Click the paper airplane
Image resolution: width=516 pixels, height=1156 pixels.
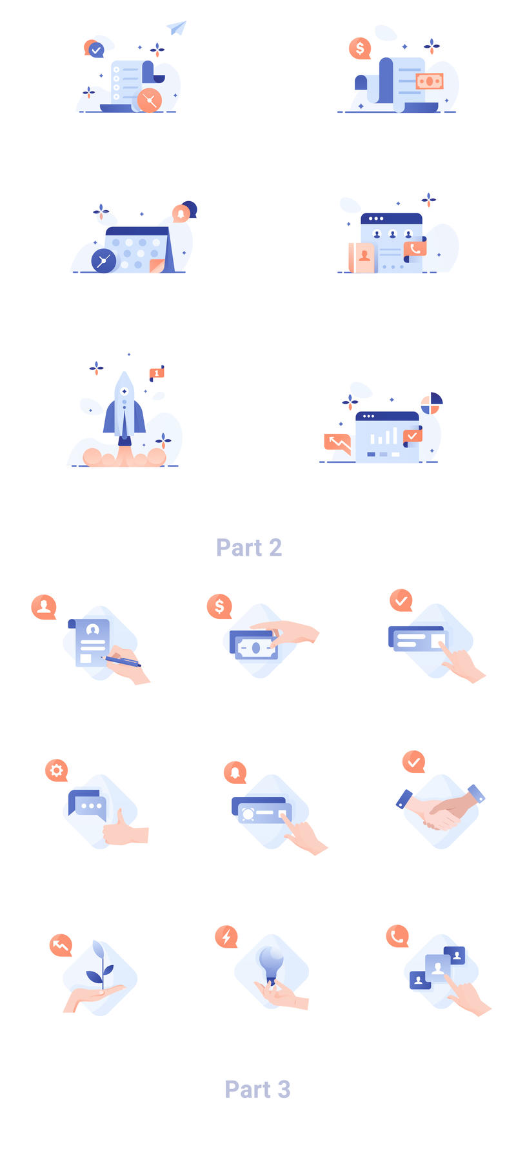pyautogui.click(x=177, y=27)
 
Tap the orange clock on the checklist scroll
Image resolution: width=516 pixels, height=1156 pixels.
pyautogui.click(x=150, y=101)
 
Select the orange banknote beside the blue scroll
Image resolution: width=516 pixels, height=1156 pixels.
pyautogui.click(x=430, y=81)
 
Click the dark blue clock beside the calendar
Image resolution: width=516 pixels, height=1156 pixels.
pyautogui.click(x=104, y=260)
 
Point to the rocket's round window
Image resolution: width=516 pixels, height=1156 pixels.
pyautogui.click(x=124, y=391)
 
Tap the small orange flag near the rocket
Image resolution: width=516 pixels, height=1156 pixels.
pyautogui.click(x=157, y=373)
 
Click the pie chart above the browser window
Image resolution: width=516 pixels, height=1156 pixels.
pyautogui.click(x=431, y=404)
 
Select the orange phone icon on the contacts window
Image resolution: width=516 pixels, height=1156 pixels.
pyautogui.click(x=415, y=248)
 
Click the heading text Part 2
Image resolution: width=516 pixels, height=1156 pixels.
pyautogui.click(x=249, y=547)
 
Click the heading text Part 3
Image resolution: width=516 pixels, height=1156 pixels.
pyautogui.click(x=257, y=1089)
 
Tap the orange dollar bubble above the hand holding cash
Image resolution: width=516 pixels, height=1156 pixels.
pyautogui.click(x=219, y=606)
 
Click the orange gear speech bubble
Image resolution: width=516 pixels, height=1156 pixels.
pyautogui.click(x=57, y=770)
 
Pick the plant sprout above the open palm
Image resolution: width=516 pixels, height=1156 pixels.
pyautogui.click(x=101, y=964)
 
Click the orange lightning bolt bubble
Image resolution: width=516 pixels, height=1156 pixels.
pyautogui.click(x=226, y=936)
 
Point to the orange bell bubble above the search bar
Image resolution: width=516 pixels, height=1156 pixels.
pyautogui.click(x=235, y=772)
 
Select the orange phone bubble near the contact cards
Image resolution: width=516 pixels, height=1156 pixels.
pyautogui.click(x=397, y=936)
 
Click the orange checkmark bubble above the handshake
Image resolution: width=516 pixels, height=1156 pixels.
pyautogui.click(x=413, y=761)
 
